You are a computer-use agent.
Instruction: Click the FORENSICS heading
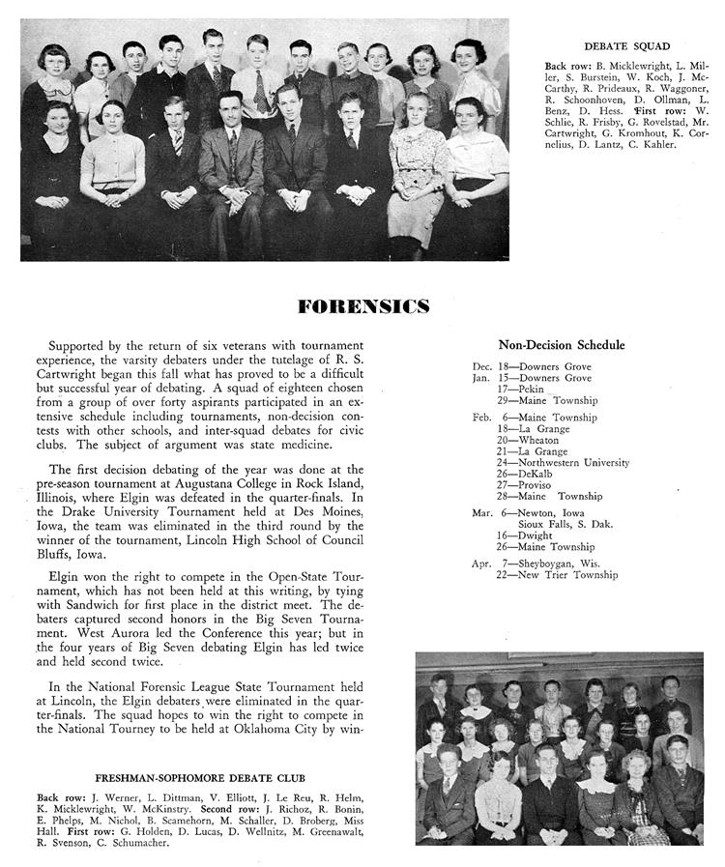point(363,307)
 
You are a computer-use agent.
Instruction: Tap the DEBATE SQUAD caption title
point(626,45)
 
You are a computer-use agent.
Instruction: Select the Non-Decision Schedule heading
point(561,345)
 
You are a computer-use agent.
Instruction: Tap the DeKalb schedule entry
point(537,474)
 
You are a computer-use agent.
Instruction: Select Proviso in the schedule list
point(539,485)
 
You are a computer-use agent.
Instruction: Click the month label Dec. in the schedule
point(482,367)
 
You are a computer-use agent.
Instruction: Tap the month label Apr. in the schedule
point(482,564)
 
